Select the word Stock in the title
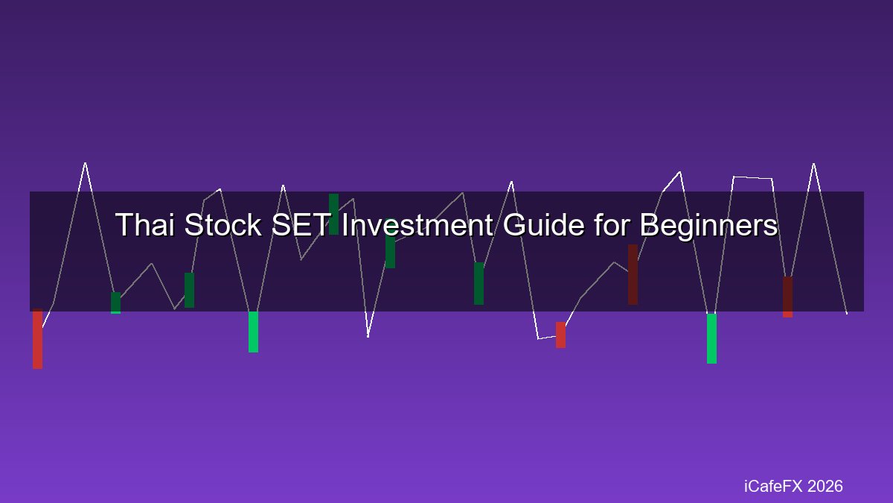[223, 224]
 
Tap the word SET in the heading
[300, 224]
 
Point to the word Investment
[417, 224]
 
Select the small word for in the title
[612, 224]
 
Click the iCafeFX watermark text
[773, 486]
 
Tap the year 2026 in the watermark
[825, 486]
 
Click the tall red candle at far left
[37, 338]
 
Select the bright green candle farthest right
[711, 338]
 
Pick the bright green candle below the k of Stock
[253, 332]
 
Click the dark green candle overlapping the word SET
[333, 214]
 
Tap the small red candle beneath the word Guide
[560, 335]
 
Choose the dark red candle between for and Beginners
[633, 275]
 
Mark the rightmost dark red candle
[788, 297]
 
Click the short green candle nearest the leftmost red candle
[115, 303]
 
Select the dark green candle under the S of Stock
[189, 290]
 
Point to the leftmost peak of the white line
[85, 163]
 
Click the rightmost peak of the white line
[813, 164]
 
